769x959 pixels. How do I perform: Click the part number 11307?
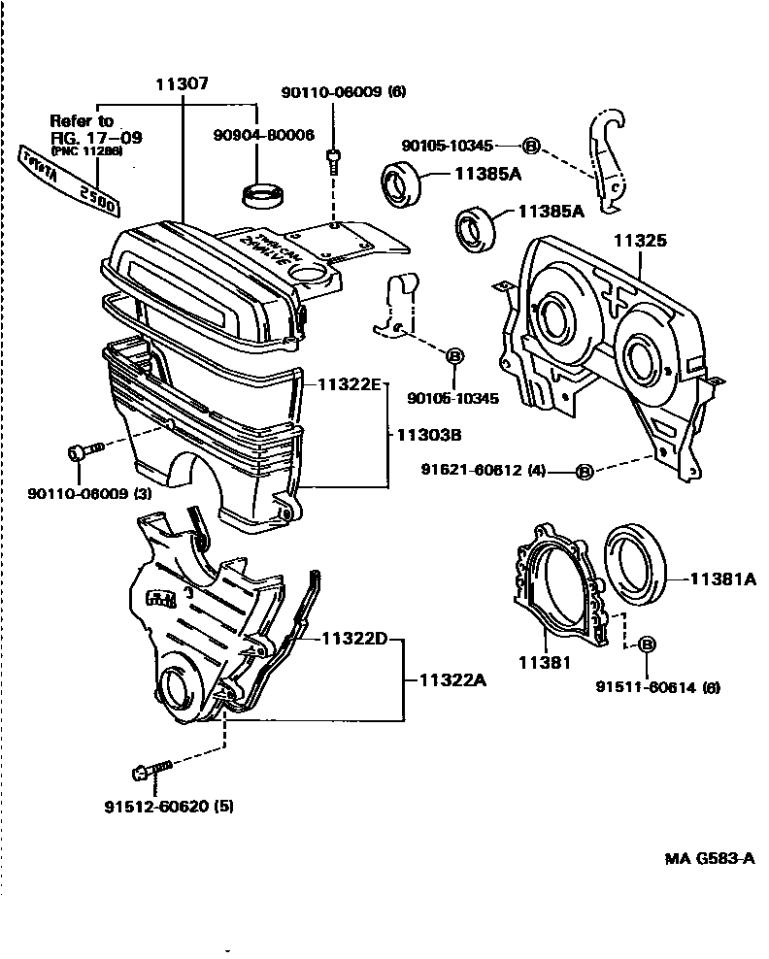coord(182,85)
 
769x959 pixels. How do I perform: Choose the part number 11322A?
coord(452,679)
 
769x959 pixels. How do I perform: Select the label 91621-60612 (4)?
coord(483,471)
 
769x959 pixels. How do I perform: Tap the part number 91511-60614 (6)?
coord(657,687)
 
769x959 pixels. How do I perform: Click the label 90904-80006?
coord(263,136)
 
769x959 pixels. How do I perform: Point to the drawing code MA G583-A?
coord(709,859)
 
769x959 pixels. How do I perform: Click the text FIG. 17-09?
coord(95,138)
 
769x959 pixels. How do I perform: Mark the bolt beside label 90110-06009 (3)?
coord(84,453)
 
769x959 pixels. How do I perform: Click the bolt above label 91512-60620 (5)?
coord(150,771)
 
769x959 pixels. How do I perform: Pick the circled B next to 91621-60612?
coord(585,472)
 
